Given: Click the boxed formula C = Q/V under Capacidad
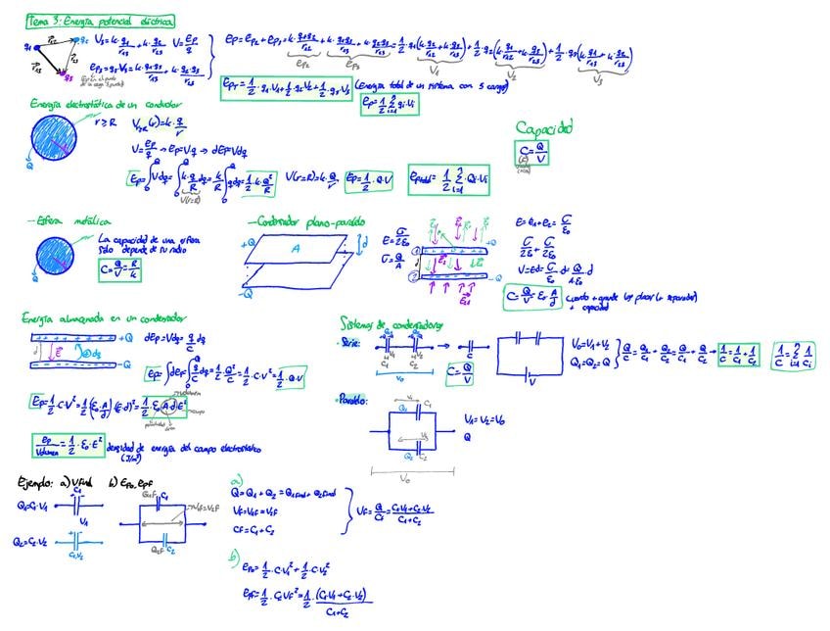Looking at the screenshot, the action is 530,152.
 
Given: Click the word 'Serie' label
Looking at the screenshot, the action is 349,344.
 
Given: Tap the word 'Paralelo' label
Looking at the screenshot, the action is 352,401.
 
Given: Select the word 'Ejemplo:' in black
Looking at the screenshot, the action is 40,482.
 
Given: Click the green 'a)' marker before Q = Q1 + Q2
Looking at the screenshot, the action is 236,481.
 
